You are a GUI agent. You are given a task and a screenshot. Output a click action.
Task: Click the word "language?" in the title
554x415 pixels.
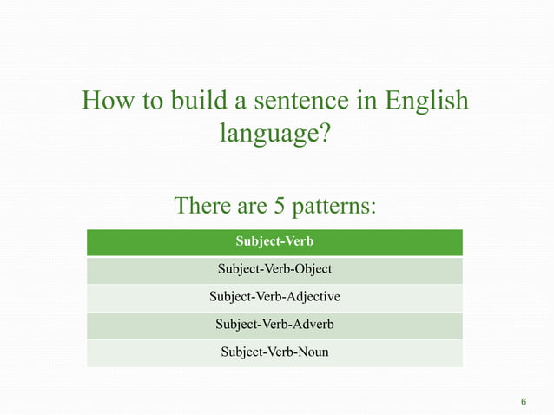click(x=275, y=135)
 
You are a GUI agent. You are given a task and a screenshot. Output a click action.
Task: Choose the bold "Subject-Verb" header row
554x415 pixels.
click(x=274, y=241)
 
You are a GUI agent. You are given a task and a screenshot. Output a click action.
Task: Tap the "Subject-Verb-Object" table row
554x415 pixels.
click(x=274, y=269)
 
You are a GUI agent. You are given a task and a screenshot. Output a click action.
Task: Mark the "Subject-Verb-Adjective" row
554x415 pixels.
click(x=274, y=297)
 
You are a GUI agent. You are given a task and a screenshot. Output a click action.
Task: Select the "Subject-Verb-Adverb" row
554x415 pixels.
click(x=274, y=325)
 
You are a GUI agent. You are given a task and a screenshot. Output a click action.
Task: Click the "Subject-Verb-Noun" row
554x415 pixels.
click(x=274, y=352)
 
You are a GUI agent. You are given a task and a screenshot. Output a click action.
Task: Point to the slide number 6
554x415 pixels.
click(x=524, y=402)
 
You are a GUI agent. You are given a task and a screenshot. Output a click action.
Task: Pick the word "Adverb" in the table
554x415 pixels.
click(x=313, y=325)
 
